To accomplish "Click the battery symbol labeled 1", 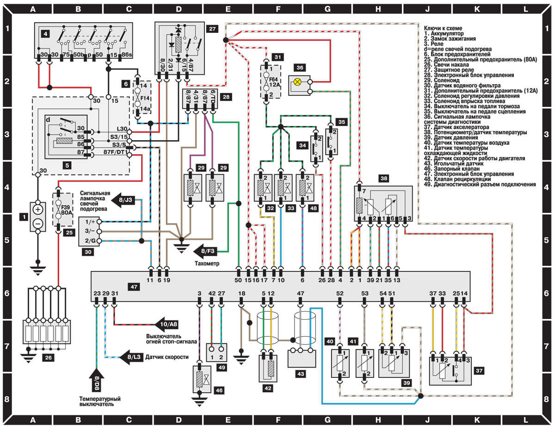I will tap(38, 216).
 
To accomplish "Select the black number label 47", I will tap(134, 287).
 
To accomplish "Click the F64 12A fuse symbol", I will tap(266, 82).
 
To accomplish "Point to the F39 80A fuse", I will tap(59, 211).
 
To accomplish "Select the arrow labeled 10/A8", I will tap(168, 324).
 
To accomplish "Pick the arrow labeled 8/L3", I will tap(130, 357).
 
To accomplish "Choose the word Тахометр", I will tap(206, 264).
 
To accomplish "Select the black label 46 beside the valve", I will tap(219, 390).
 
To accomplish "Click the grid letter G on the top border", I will tap(327, 8).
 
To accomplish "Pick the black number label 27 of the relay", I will tap(212, 29).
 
